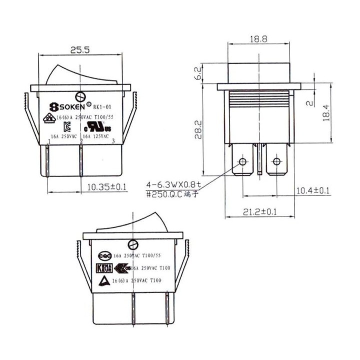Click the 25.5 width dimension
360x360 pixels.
pos(79,50)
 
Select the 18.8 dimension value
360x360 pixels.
pos(257,38)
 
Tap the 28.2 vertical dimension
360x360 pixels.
pos(198,129)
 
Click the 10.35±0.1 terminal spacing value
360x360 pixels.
pos(106,187)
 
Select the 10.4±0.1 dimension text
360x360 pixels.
pos(313,190)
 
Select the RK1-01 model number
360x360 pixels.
pos(101,105)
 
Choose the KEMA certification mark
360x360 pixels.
pos(101,268)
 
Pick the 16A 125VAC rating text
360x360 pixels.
pos(96,135)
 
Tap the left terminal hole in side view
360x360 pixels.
pos(243,161)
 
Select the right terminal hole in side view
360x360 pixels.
pos(275,161)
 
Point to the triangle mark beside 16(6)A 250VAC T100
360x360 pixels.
pos(105,280)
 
